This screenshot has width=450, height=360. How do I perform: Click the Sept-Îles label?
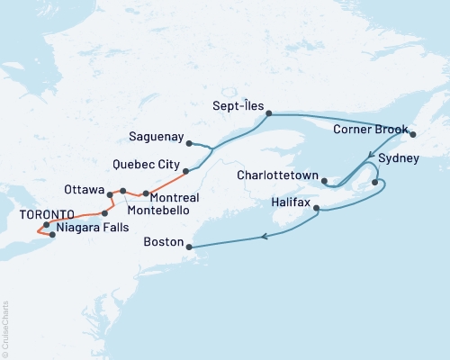coord(239,105)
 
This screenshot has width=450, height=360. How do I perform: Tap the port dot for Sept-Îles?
coord(269,113)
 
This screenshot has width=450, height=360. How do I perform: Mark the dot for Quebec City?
coord(186,171)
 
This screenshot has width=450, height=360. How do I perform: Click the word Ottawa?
coord(84,190)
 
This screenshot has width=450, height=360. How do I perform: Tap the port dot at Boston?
coord(188,245)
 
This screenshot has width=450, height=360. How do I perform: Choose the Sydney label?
coord(399,158)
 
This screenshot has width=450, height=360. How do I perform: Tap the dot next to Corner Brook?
coord(413,134)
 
